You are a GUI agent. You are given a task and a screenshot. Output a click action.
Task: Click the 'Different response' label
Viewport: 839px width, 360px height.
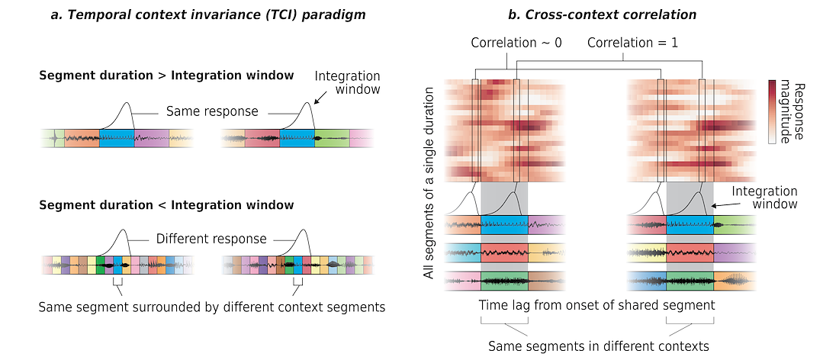[211, 239]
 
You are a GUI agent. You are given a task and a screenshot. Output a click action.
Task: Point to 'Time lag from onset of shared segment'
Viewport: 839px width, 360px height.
[596, 305]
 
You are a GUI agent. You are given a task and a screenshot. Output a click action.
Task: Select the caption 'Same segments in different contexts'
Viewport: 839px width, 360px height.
[599, 346]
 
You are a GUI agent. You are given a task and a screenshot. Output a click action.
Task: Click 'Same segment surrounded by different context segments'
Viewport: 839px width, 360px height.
[211, 307]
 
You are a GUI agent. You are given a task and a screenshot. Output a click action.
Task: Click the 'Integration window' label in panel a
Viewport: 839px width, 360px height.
[348, 82]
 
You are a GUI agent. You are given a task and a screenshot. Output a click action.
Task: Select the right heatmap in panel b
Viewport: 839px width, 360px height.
[692, 130]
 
